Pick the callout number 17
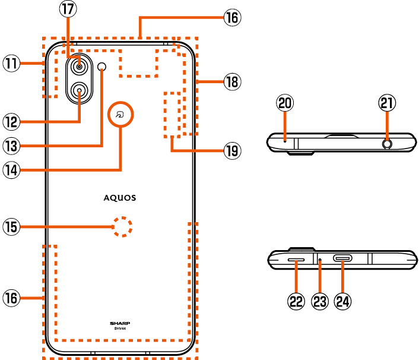click(x=67, y=9)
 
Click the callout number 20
click(x=285, y=103)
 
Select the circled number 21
click(x=387, y=103)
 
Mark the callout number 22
click(x=297, y=301)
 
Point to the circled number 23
click(x=320, y=301)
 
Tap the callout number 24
click(x=343, y=301)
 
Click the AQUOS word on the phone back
click(x=120, y=197)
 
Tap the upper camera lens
click(x=79, y=67)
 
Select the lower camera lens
click(x=79, y=91)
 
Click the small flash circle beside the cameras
click(x=103, y=66)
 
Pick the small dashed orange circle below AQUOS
click(x=122, y=226)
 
